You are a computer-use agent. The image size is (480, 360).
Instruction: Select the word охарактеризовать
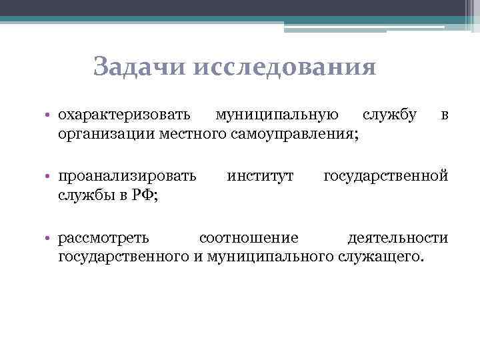127,116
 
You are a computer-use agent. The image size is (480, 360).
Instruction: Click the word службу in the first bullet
390,116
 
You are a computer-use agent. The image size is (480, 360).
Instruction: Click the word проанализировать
127,177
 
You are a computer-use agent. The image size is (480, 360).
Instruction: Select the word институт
260,177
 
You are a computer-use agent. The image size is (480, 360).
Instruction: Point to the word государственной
386,177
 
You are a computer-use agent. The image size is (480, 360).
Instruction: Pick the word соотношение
249,238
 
